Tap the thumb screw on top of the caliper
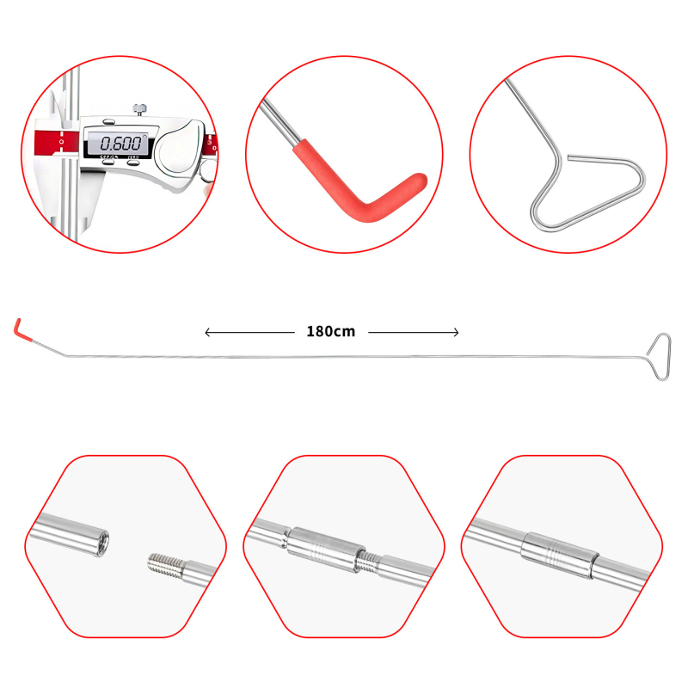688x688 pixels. coord(139,108)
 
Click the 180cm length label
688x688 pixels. coord(331,332)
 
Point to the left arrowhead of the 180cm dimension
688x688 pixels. coord(207,333)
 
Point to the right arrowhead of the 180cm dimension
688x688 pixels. coord(456,333)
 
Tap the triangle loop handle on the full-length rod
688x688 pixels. coord(660,356)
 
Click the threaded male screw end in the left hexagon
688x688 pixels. coord(165,565)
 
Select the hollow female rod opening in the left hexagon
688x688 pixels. coord(101,544)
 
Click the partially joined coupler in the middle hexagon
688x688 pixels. coord(325,550)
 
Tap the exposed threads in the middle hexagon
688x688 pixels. coord(368,562)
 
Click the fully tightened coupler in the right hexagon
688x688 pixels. coord(560,555)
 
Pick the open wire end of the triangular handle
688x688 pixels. coord(569,157)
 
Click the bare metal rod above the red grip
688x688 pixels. coord(279,123)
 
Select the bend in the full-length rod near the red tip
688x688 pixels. coord(66,355)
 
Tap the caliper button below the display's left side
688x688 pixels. coord(108,162)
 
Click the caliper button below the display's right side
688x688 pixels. coord(133,163)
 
